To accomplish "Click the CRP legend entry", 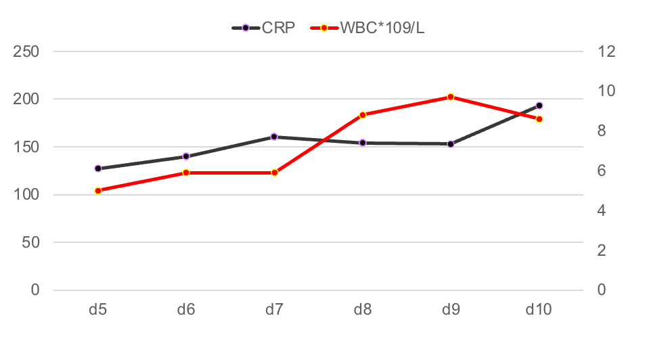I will click(x=264, y=28).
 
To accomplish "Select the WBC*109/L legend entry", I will click(x=369, y=28).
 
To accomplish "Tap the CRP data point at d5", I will click(x=98, y=168).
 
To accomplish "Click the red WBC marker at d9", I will click(x=451, y=97).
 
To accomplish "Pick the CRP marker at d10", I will click(x=539, y=106).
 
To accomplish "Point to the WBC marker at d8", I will click(x=363, y=115).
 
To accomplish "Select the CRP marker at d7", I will click(x=274, y=137).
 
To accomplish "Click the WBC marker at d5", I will click(x=98, y=191).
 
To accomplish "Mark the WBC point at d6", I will click(x=186, y=173).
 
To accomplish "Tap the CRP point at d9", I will click(x=451, y=144).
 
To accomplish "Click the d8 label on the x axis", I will click(x=363, y=310).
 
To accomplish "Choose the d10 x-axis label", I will click(x=539, y=310).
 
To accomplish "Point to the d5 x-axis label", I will click(x=98, y=310).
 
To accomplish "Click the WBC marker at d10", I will click(x=539, y=119).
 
